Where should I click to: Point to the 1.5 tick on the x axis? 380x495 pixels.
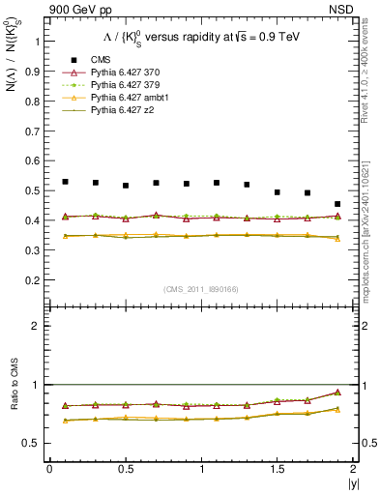[278, 469]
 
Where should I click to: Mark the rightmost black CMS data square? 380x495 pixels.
[337, 204]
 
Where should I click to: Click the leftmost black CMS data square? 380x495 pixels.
[65, 182]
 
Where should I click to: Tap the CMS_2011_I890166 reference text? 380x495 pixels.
[200, 289]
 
